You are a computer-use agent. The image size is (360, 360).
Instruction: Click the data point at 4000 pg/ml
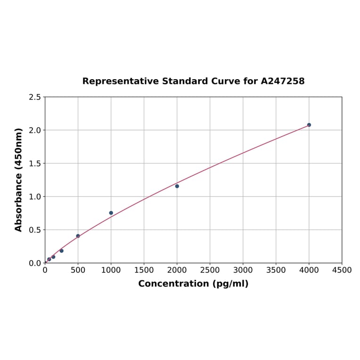pos(309,125)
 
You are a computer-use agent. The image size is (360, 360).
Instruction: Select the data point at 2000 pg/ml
pos(177,186)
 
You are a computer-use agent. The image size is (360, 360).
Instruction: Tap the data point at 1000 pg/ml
pos(111,213)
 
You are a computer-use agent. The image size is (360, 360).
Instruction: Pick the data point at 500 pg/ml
pos(78,236)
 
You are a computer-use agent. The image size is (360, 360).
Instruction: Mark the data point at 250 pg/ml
pos(62,251)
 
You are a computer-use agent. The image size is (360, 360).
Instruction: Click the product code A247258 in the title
pos(283,81)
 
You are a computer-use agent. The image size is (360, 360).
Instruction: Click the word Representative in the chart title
pos(120,81)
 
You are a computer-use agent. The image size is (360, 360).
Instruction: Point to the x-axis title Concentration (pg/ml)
pos(193,284)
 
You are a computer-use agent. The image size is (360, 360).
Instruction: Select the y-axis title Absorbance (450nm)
pos(19,180)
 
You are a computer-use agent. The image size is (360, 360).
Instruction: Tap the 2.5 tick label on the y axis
pos(34,97)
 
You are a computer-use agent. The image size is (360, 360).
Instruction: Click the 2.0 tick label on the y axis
pos(34,130)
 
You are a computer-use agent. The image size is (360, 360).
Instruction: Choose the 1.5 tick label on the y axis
pos(34,164)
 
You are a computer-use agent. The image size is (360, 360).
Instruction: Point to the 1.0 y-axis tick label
pos(34,196)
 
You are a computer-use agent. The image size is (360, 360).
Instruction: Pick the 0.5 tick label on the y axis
pos(34,230)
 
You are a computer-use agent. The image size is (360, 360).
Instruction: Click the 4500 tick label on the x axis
pos(342,270)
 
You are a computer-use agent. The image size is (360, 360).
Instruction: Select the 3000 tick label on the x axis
pos(243,270)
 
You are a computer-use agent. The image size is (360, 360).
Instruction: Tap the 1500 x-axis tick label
pos(144,270)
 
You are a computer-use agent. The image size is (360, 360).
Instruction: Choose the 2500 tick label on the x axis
pos(210,270)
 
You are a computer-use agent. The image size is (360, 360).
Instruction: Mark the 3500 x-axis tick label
pos(276,270)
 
